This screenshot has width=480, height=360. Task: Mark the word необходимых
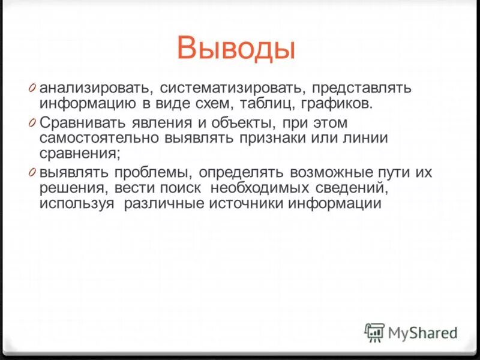269,188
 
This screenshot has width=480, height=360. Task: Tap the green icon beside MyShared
374,332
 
